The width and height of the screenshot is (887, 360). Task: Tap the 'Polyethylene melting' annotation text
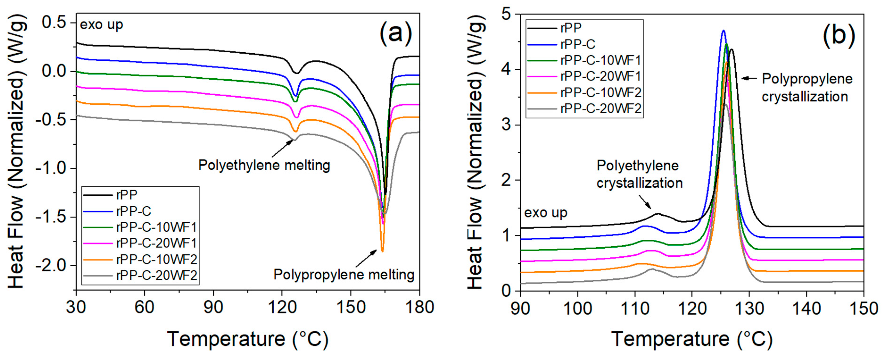tap(264, 165)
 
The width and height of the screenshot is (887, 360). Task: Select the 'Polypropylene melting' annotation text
tap(344, 275)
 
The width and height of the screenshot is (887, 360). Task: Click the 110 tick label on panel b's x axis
tap(635, 308)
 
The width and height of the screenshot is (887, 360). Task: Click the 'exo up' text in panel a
tap(102, 25)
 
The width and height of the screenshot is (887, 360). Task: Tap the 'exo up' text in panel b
tap(545, 213)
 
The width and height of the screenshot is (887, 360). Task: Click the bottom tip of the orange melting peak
tap(382, 252)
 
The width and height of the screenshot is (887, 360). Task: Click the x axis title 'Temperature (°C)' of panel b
tap(692, 339)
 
